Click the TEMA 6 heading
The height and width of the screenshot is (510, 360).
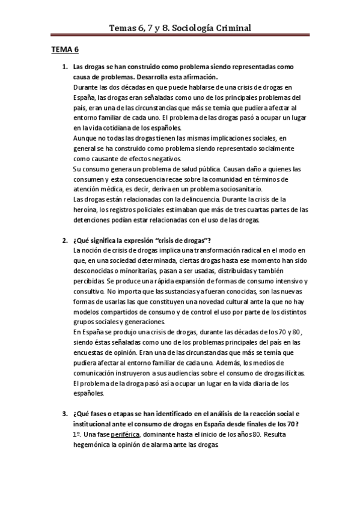64,50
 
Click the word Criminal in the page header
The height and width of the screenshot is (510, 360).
230,28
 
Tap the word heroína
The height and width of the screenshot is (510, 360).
85,210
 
